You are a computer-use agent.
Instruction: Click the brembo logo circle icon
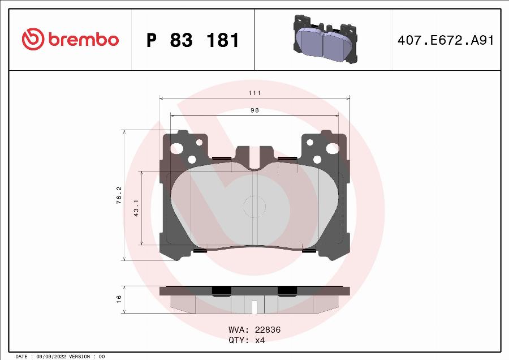point(33,40)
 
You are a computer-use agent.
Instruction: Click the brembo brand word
point(83,40)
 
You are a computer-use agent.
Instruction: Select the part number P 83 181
point(193,40)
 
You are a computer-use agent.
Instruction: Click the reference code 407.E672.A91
point(446,40)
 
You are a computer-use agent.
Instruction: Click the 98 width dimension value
point(255,110)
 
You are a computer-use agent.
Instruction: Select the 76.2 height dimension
point(118,195)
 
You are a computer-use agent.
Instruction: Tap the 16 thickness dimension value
point(119,299)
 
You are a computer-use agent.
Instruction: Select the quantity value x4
point(260,340)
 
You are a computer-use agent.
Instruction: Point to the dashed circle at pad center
point(254,207)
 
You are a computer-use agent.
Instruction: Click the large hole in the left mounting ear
point(177,149)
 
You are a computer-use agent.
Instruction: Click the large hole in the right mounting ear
point(333,149)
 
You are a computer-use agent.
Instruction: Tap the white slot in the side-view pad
point(255,307)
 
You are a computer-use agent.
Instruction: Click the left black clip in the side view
point(222,290)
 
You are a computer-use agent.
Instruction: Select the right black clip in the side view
point(287,290)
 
